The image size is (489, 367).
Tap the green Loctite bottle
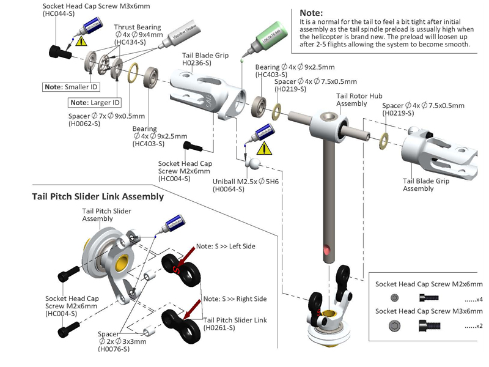click(x=255, y=40)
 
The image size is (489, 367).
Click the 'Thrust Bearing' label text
click(x=138, y=28)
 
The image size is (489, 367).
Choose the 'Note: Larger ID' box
click(x=95, y=102)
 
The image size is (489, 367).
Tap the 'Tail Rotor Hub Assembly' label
click(x=360, y=100)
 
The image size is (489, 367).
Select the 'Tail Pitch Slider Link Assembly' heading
click(x=98, y=196)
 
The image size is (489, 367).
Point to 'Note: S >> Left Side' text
click(x=225, y=246)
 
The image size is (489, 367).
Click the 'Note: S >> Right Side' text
click(x=235, y=298)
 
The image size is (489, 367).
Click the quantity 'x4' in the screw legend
click(x=474, y=299)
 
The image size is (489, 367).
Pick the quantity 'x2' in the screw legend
click(x=474, y=327)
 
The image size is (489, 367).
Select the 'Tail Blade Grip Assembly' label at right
click(x=426, y=185)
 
